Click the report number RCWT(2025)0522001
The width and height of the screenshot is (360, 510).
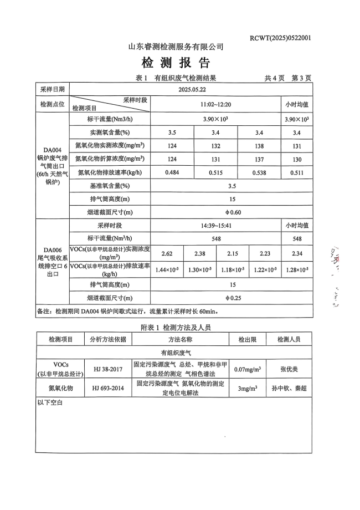tap(280, 38)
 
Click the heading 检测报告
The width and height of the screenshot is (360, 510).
tap(176, 62)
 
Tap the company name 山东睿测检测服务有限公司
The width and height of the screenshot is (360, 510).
tap(176, 47)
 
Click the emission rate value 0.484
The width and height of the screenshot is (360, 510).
tap(172, 173)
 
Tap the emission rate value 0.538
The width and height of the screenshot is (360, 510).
tap(259, 173)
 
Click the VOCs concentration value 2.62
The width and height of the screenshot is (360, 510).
tap(167, 253)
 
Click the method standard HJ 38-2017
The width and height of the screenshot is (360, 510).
tap(108, 369)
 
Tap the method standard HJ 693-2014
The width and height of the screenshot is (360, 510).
tap(108, 388)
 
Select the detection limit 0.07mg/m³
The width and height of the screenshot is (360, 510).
tap(248, 369)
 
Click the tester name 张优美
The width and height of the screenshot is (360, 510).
tap(289, 369)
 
